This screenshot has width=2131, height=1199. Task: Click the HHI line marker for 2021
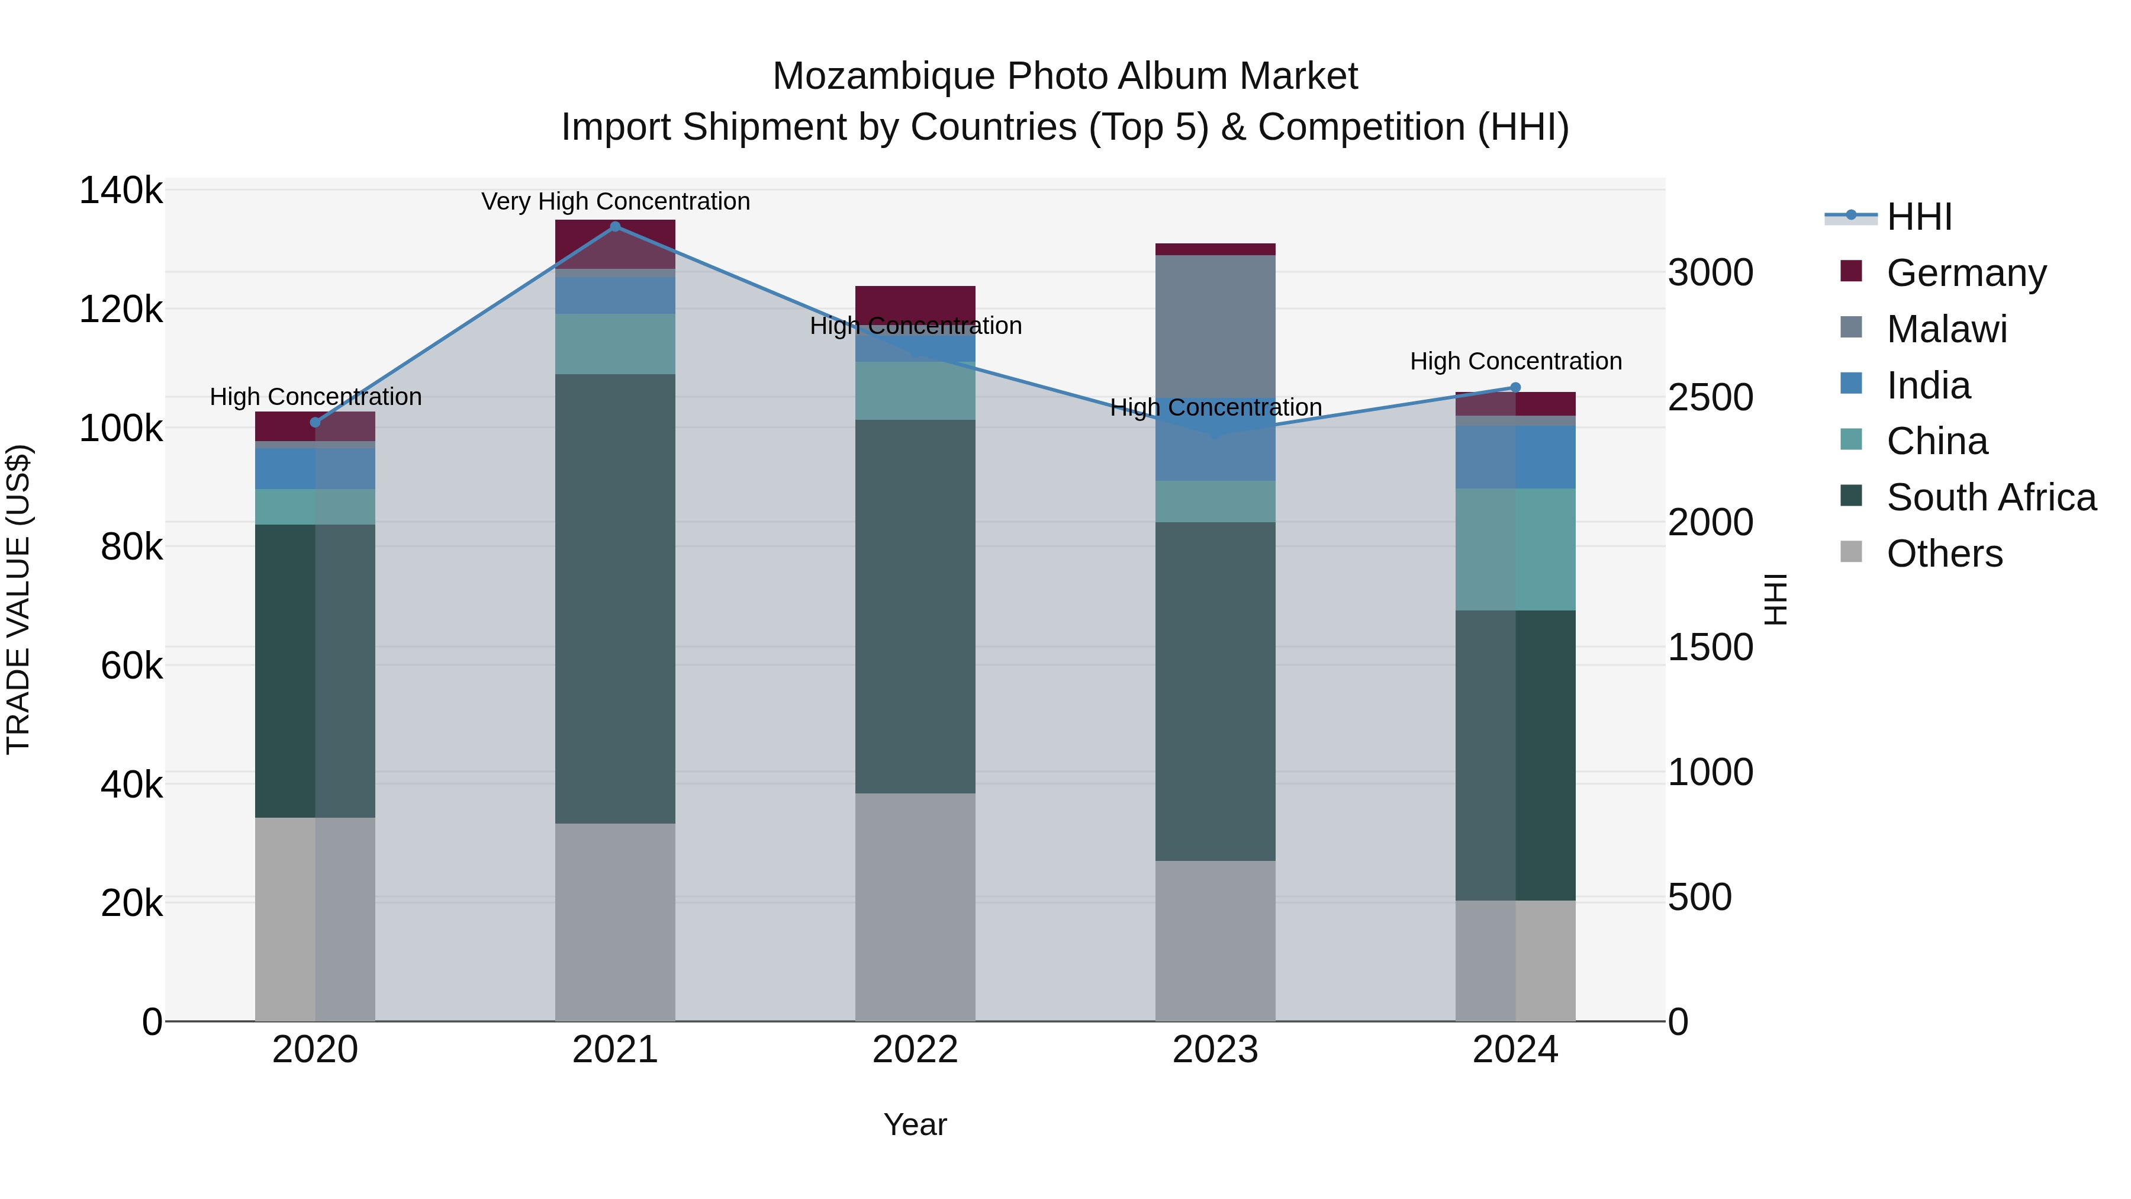click(614, 226)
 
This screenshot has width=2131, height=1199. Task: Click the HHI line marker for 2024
click(1515, 387)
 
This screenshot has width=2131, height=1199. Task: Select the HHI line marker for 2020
click(315, 423)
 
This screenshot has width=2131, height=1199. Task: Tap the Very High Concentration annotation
click(616, 201)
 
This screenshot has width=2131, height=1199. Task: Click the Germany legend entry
click(1965, 273)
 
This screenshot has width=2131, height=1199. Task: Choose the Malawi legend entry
click(1946, 329)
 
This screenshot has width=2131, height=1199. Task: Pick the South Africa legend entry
click(1990, 497)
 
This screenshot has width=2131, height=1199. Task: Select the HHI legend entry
click(1919, 217)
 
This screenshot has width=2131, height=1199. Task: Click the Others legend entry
click(1944, 554)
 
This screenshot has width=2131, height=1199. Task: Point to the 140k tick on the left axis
click(121, 191)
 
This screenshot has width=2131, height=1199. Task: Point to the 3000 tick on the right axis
click(1710, 273)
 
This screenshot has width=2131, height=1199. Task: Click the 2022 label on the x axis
click(915, 1050)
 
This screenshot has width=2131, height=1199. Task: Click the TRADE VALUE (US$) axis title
click(18, 599)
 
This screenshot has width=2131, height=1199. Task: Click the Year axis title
click(915, 1124)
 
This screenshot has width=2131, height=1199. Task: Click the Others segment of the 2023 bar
click(1215, 940)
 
